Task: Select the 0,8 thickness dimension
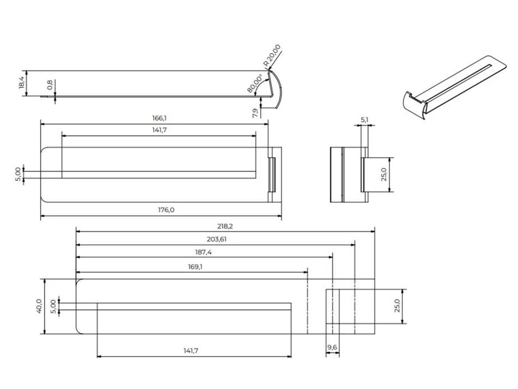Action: [50, 85]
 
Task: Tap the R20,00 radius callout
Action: [272, 56]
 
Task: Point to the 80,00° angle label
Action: [255, 84]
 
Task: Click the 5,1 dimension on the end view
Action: [364, 120]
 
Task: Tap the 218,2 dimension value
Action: [224, 226]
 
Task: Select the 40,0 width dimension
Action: [39, 306]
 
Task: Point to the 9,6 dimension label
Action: [332, 348]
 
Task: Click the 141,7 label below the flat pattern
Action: [190, 350]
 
